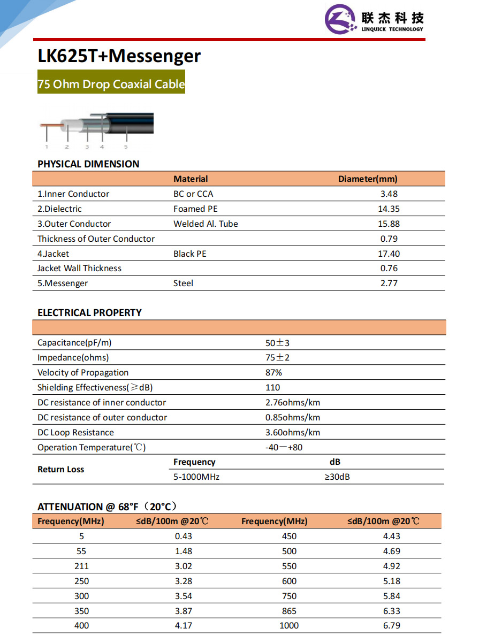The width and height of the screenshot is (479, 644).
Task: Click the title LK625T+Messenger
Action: click(x=119, y=56)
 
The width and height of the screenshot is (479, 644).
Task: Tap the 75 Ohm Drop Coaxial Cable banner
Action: click(x=111, y=85)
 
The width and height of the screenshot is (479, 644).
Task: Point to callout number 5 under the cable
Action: click(x=126, y=147)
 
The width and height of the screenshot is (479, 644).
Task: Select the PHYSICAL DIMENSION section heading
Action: click(x=88, y=164)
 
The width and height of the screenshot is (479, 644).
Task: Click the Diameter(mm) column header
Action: click(x=368, y=179)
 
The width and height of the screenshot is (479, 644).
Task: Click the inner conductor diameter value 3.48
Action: click(x=389, y=194)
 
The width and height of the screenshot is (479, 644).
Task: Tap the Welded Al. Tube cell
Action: click(x=206, y=224)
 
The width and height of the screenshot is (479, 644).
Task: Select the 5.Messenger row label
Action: click(x=63, y=283)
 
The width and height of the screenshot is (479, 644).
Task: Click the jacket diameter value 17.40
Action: click(x=389, y=254)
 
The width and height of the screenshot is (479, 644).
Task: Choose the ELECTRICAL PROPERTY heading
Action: click(x=89, y=313)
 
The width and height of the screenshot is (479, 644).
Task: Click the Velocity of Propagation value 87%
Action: click(x=273, y=373)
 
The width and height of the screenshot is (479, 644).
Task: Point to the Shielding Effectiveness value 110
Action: click(x=272, y=388)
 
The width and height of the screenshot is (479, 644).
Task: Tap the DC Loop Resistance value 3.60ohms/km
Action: click(x=293, y=433)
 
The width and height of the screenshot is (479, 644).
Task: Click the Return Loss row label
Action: click(x=60, y=470)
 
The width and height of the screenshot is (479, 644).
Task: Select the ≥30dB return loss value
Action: click(x=337, y=477)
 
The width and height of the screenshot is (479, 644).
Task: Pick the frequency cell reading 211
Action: click(x=82, y=566)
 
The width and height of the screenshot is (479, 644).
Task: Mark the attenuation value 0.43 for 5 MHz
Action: click(x=183, y=536)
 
